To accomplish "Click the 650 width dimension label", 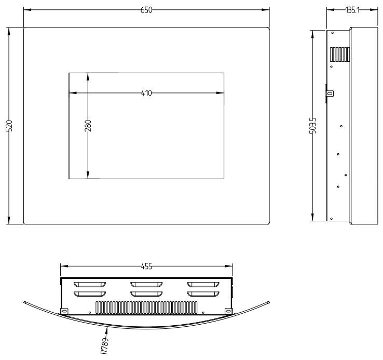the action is coord(146,10).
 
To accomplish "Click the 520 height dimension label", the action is coord(9,126).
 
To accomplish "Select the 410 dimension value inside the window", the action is coord(146,93).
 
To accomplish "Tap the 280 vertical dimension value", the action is coord(88,126).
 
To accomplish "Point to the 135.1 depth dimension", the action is coord(352,10).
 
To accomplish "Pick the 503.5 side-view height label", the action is coord(312,126).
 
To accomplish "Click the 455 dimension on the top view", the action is coord(146,266).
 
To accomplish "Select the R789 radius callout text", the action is coord(104,346).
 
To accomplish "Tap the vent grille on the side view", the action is coord(340,55).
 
